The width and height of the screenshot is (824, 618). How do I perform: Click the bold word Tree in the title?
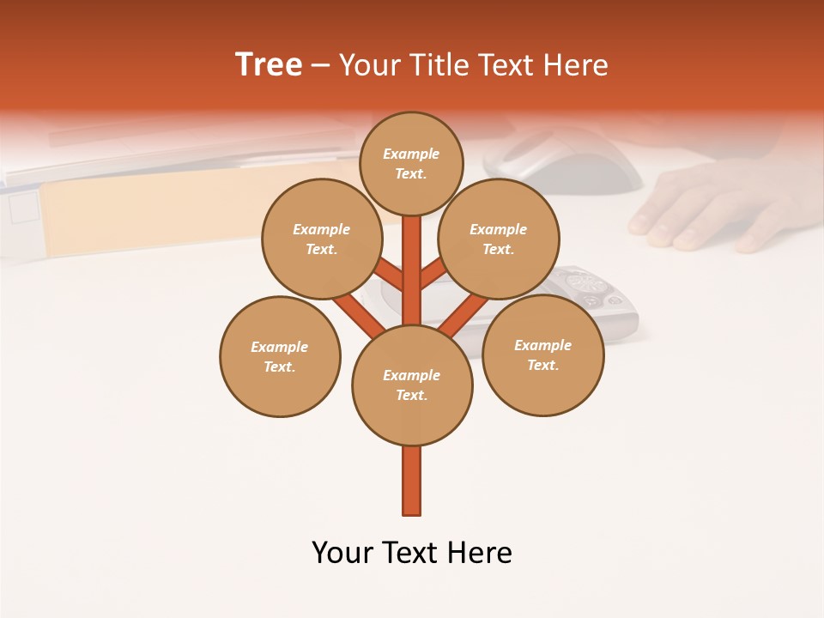tap(269, 65)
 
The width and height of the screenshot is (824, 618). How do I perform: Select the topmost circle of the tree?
tap(411, 163)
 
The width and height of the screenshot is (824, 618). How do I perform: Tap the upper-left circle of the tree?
tap(321, 239)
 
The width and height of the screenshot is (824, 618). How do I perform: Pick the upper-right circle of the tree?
tap(498, 239)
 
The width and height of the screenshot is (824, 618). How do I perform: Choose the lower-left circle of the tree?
tap(280, 356)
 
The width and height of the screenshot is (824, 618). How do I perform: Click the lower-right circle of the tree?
tap(542, 354)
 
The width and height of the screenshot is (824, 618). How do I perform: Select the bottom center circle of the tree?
tap(412, 385)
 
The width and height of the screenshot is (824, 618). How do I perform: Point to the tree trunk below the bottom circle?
tap(412, 481)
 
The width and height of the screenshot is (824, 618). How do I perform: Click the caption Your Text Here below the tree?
tap(412, 553)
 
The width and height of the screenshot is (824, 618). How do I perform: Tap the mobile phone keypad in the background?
tap(592, 288)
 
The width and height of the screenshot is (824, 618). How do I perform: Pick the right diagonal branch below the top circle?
tap(433, 272)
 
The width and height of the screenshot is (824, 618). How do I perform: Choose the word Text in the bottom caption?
tap(412, 553)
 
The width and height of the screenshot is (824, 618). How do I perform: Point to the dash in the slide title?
tap(320, 65)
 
